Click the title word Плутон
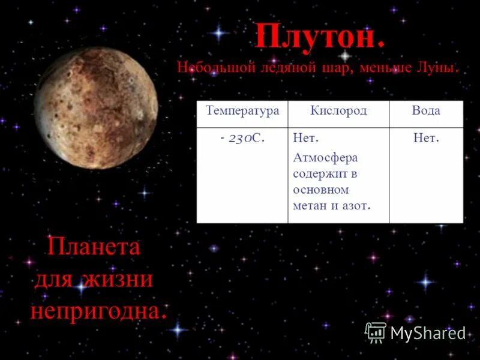tap(319, 37)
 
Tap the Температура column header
tap(242, 111)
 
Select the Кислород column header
tap(338, 111)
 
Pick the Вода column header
tap(426, 111)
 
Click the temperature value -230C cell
tap(242, 138)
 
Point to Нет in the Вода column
tap(426, 139)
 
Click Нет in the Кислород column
tap(305, 139)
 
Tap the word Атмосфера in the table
tap(325, 158)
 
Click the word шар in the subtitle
tap(343, 67)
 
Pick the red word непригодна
tap(98, 310)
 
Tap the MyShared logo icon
tap(376, 332)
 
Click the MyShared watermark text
tap(428, 333)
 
